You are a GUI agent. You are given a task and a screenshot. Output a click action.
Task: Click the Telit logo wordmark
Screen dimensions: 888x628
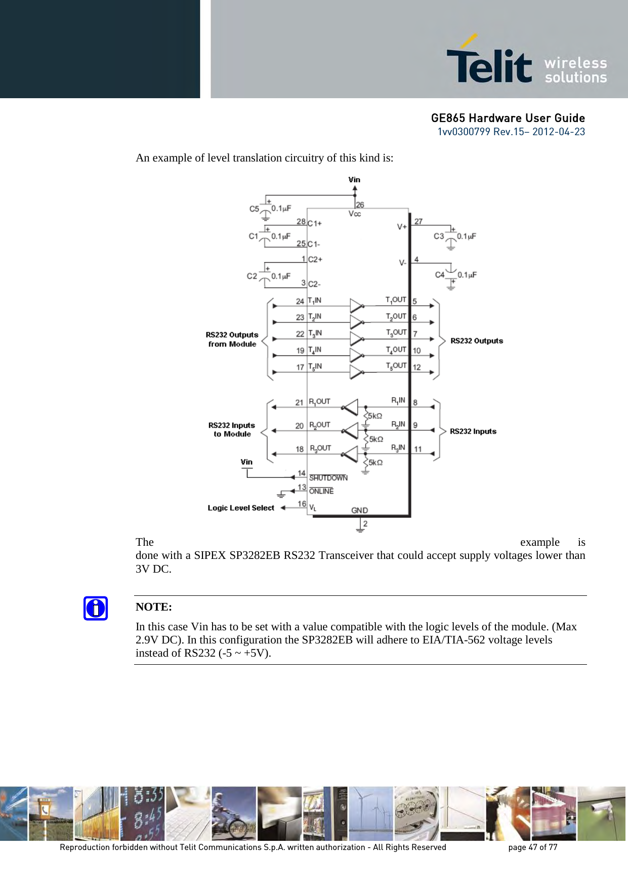point(489,65)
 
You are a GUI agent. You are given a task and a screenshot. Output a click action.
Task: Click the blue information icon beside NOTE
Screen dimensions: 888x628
point(96,608)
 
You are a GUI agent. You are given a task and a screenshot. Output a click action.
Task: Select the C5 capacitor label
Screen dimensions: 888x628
point(254,209)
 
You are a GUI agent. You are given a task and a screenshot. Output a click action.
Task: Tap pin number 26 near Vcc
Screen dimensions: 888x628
point(360,205)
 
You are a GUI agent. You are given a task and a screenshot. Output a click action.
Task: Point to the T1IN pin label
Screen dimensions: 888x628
point(315,301)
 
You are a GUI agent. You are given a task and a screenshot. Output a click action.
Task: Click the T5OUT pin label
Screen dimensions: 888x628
point(396,366)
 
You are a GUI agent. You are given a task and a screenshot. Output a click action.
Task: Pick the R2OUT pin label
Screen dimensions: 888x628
point(320,425)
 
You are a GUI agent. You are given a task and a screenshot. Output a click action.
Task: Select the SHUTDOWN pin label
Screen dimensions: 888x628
point(328,478)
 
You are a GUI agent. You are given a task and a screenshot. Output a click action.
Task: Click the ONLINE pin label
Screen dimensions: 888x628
point(321,491)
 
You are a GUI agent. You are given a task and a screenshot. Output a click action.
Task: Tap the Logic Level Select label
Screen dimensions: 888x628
point(241,508)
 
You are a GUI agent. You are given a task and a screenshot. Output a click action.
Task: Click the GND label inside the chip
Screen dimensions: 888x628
point(360,510)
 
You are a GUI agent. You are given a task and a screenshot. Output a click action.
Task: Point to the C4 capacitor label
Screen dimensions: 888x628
point(440,275)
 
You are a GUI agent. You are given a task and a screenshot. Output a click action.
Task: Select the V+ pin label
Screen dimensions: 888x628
point(402,227)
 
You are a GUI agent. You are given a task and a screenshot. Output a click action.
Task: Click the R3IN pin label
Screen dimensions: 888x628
point(398,448)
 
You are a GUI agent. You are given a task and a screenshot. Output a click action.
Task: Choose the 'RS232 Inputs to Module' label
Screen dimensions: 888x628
point(232,430)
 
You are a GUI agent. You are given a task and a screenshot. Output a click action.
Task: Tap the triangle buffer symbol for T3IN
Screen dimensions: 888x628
point(357,339)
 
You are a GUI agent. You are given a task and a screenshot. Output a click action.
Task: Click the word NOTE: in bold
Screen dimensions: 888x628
point(154,607)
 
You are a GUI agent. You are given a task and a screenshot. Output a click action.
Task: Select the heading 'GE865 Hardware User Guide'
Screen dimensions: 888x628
point(508,118)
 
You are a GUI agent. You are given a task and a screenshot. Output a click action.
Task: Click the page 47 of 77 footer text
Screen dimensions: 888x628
point(532,847)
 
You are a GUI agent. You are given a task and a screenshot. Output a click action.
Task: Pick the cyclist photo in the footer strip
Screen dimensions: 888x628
point(234,814)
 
